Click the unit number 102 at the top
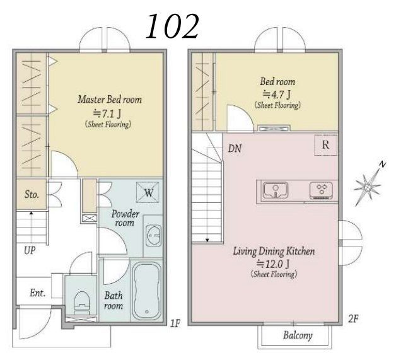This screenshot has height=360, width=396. pos(173,26)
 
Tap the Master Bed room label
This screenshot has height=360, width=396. pos(110,100)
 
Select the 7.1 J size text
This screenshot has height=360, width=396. pos(107,114)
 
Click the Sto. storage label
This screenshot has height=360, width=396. pos(32,194)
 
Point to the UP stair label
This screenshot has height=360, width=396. pos(30,250)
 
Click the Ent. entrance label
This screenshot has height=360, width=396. pos(38,293)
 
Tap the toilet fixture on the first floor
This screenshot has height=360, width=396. pos(83,303)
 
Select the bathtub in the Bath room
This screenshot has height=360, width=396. pos(147,291)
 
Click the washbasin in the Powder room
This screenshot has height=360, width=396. pos(154,235)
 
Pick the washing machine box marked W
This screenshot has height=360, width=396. pos(148,192)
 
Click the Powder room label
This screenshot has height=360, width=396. pos(125,218)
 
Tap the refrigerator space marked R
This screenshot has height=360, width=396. pos(325,145)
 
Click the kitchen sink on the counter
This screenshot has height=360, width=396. pos(276,190)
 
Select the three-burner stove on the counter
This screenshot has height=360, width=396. pos(321,190)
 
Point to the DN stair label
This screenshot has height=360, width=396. pos(235,148)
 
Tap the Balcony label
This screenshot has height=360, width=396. pos(298,335)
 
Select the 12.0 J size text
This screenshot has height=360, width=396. pos(273,264)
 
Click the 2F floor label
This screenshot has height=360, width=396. pos(353,318)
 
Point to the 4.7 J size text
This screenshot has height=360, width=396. pos(277,95)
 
